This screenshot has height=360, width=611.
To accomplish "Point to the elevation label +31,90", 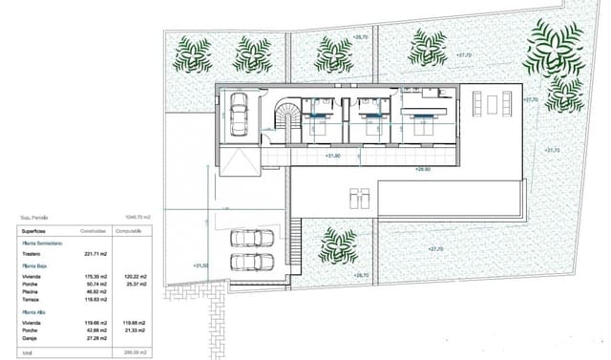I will click(x=333, y=156).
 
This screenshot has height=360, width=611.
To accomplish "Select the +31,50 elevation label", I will click(x=200, y=265).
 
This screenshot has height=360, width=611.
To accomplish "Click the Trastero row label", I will click(x=34, y=255).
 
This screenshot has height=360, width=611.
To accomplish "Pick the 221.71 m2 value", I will click(x=98, y=255).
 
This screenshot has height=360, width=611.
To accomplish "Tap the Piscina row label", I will click(x=33, y=291).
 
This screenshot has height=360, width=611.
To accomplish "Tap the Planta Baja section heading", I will click(x=35, y=266).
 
